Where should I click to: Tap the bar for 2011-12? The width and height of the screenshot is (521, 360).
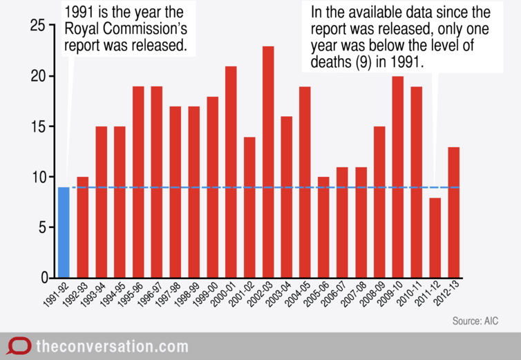(x=435, y=238)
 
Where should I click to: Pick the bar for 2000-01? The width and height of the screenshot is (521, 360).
(x=231, y=172)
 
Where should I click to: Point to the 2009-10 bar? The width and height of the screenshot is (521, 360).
(x=398, y=177)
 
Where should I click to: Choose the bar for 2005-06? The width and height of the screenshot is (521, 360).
(x=324, y=227)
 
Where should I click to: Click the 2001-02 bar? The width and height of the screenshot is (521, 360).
(x=249, y=207)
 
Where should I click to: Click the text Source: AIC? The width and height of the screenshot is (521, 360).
(x=475, y=321)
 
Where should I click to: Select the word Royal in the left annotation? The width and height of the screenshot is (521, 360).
(x=80, y=30)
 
